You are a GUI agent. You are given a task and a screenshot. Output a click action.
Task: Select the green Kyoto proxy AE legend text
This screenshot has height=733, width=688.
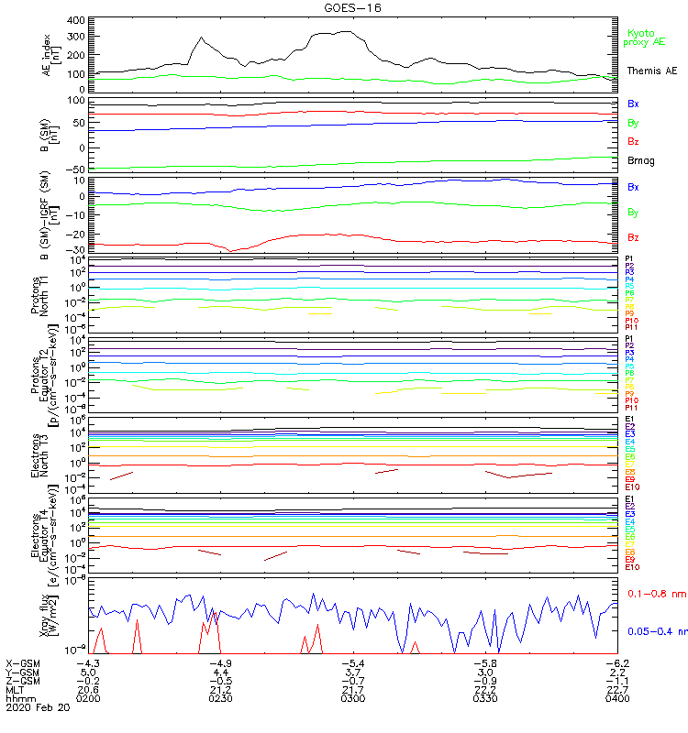tap(643, 38)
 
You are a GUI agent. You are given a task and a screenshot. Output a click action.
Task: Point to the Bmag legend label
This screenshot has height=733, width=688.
tap(640, 160)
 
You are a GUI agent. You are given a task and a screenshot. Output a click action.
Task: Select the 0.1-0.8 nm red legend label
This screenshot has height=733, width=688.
tap(653, 595)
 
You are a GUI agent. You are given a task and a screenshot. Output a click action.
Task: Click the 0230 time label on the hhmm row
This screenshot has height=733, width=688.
tap(220, 699)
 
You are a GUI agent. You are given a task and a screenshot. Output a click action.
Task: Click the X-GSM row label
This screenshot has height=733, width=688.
tap(23, 662)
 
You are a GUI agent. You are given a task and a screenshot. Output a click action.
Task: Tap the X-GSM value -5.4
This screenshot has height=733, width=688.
tap(351, 662)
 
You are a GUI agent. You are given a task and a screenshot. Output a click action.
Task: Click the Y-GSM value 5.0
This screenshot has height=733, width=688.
tap(88, 672)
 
